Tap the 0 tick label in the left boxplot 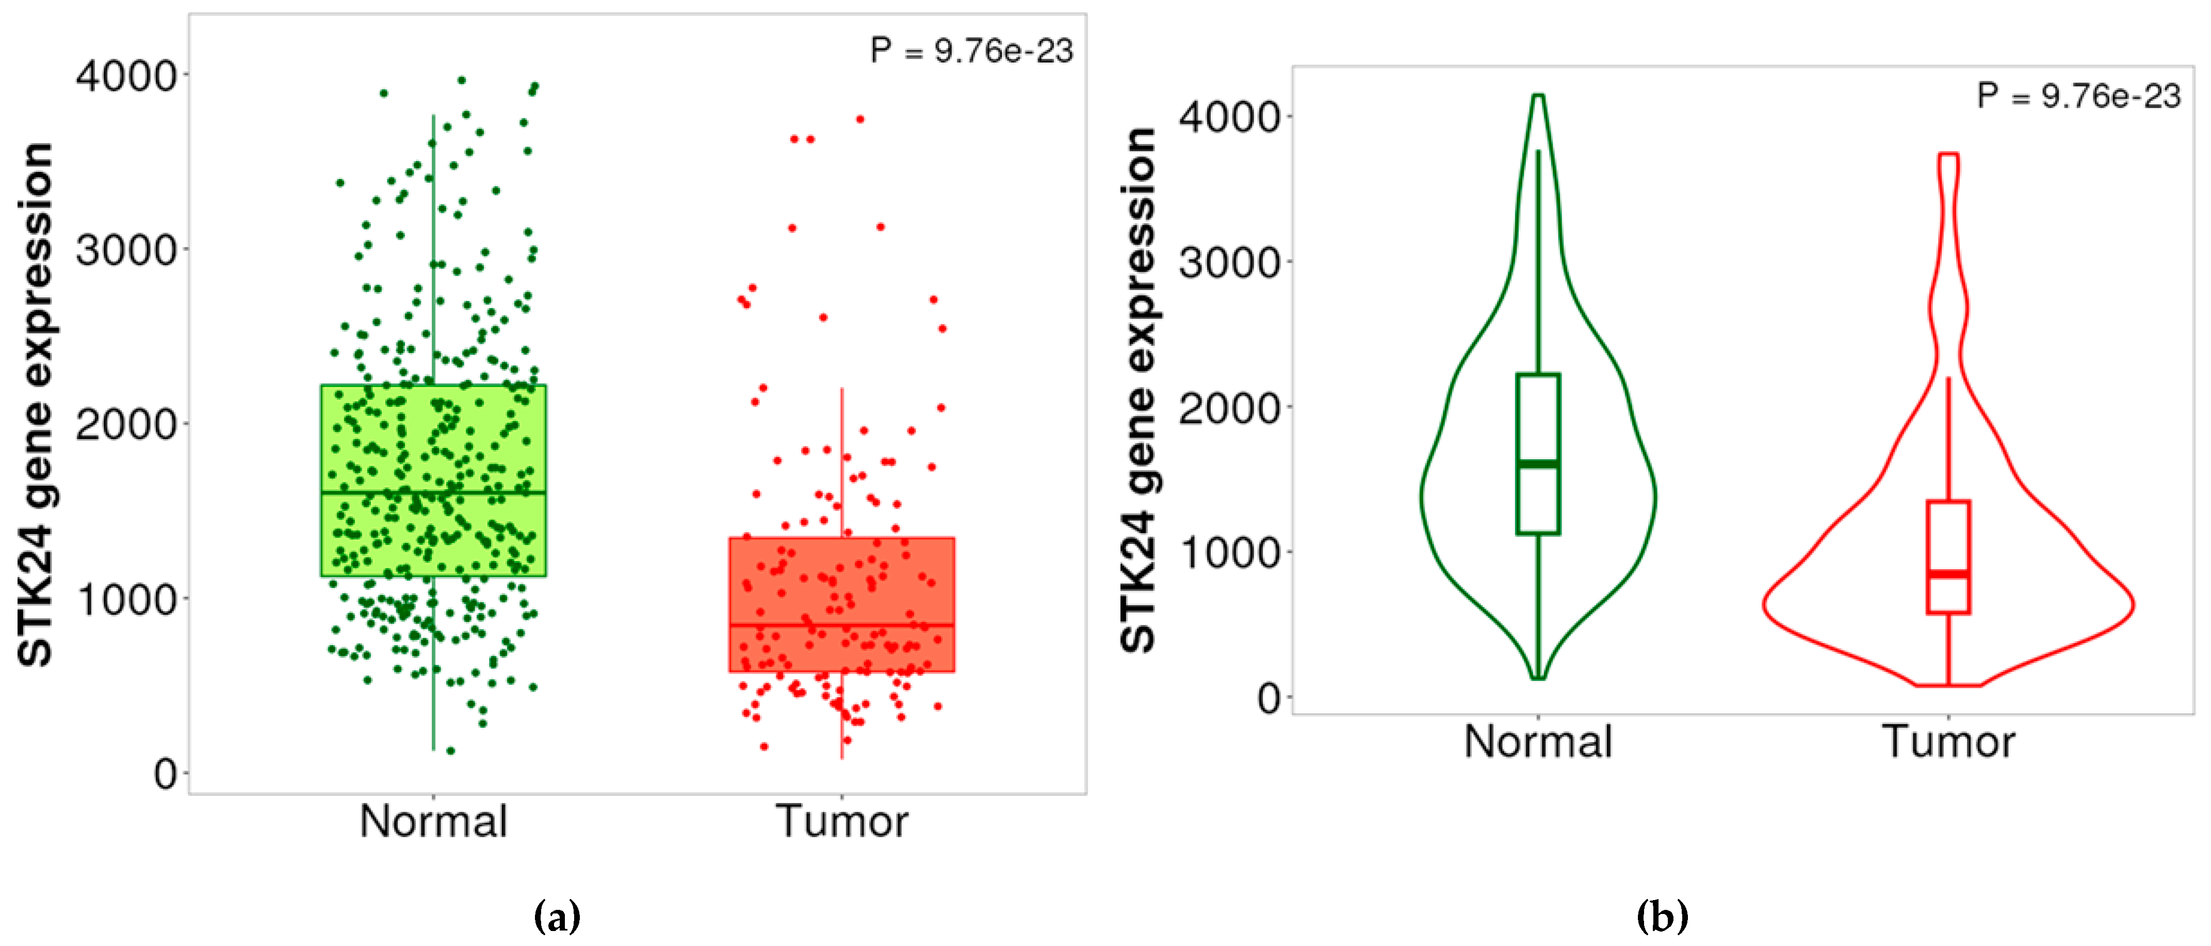(x=166, y=774)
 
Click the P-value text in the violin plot (x=2078, y=95)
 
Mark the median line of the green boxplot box (x=433, y=493)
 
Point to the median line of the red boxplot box (x=841, y=624)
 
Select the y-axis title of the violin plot (x=1139, y=391)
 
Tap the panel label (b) (x=1662, y=916)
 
